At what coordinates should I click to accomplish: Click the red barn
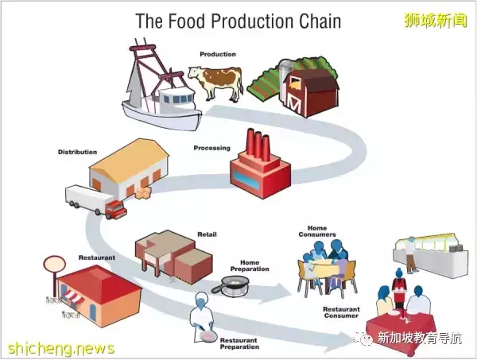pyautogui.click(x=308, y=91)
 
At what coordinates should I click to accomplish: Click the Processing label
pyautogui.click(x=211, y=148)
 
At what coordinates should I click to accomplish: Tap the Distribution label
pyautogui.click(x=77, y=152)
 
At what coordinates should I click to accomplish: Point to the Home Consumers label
pyautogui.click(x=317, y=232)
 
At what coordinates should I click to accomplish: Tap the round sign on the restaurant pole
pyautogui.click(x=54, y=263)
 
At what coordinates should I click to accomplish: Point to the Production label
pyautogui.click(x=218, y=54)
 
